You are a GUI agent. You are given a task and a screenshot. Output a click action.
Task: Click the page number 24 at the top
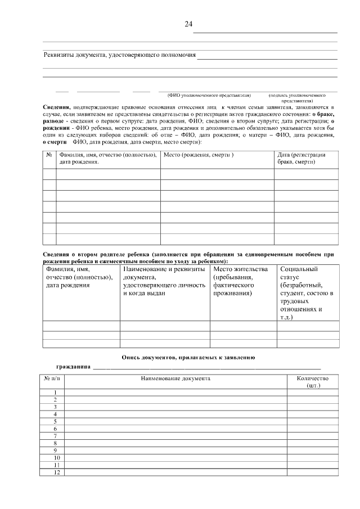188,24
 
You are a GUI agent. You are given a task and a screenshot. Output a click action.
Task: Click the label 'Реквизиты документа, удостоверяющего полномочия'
120,55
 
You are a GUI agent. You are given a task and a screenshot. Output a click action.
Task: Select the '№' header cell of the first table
49,155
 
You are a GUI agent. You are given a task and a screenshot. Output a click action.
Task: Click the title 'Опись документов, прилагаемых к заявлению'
188,357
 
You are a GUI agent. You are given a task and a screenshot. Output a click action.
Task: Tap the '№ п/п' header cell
52,379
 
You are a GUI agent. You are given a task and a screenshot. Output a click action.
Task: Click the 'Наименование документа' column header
175,379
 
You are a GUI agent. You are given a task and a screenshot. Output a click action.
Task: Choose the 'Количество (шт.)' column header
312,382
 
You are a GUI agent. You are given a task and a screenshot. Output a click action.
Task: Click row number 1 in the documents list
55,392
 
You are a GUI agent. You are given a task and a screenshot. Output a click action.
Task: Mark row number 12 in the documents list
55,472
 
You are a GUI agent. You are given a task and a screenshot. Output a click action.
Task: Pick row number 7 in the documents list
55,436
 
